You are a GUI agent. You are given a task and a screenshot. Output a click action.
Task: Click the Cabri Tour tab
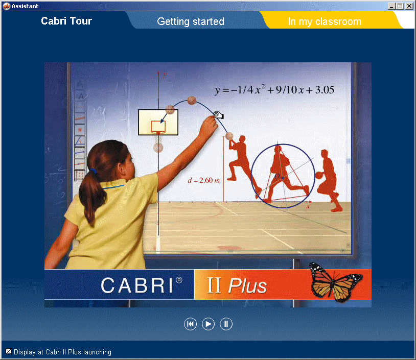click(66, 21)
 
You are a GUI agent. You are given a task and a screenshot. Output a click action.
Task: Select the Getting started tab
click(191, 21)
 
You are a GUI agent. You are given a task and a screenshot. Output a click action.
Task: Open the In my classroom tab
click(325, 21)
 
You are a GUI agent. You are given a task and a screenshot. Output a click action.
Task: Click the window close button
click(409, 6)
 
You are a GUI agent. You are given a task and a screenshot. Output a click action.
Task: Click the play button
click(208, 324)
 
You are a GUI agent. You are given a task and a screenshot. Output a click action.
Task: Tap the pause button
click(226, 324)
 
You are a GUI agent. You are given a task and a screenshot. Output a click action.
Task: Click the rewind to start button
click(190, 324)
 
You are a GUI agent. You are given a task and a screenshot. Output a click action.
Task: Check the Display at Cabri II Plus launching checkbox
click(9, 351)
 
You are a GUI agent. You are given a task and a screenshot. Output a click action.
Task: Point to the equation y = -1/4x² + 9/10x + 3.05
click(274, 90)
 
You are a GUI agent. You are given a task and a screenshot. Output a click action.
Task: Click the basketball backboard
click(158, 123)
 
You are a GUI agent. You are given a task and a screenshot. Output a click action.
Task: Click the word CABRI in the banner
click(137, 285)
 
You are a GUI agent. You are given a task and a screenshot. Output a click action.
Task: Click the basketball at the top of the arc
click(192, 100)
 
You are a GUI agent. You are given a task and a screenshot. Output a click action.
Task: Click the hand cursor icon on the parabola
click(219, 114)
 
